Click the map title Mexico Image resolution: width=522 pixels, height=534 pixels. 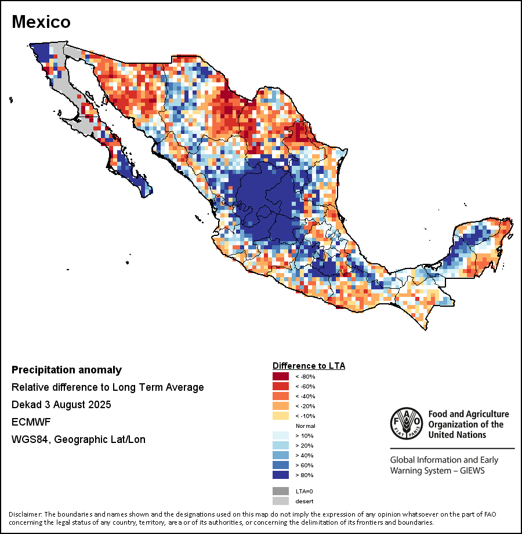point(41,22)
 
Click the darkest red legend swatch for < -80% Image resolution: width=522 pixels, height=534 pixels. point(281,376)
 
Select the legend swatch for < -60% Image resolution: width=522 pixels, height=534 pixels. point(281,386)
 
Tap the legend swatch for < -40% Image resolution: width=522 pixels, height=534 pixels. point(281,396)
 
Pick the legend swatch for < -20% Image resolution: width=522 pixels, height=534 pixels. point(281,406)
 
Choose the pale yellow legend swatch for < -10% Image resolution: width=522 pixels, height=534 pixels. point(281,416)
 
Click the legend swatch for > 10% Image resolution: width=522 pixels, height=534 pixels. point(281,435)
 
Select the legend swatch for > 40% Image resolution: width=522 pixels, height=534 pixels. point(281,455)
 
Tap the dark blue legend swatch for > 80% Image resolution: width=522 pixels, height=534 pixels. point(281,475)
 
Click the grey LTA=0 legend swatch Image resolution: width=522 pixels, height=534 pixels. point(281,491)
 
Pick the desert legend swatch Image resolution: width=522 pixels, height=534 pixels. point(281,501)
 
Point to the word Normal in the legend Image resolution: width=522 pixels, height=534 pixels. point(305,426)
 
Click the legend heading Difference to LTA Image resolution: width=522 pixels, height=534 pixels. point(309,366)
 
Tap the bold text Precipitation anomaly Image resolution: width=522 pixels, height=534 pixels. point(67,370)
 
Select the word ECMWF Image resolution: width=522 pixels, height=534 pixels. point(27,422)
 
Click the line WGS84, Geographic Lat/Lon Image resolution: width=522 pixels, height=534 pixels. point(78,439)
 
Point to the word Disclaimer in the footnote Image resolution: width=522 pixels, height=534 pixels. point(25,514)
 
